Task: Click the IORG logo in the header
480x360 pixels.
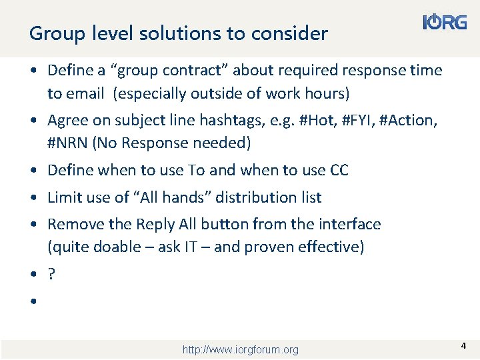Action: pyautogui.click(x=445, y=23)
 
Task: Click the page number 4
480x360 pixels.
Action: pyautogui.click(x=463, y=346)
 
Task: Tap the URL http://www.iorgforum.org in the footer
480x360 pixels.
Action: pyautogui.click(x=240, y=349)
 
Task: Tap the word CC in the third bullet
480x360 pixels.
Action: pyautogui.click(x=339, y=170)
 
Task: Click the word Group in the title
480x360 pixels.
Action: pyautogui.click(x=52, y=33)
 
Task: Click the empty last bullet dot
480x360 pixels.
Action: pyautogui.click(x=32, y=302)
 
